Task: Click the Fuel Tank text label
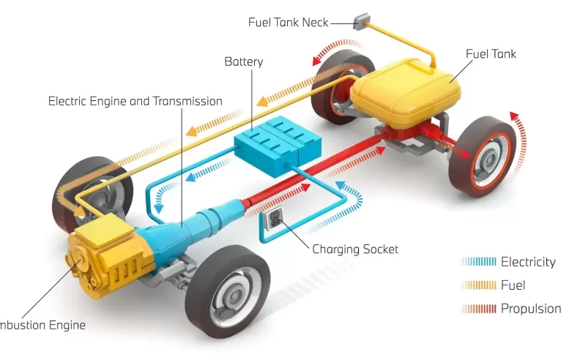tap(491, 53)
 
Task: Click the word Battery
tap(243, 62)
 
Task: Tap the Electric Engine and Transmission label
tap(135, 101)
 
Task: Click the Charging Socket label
tap(355, 250)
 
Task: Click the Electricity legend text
tap(527, 262)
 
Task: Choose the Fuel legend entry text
tap(513, 285)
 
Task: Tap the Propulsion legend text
tap(530, 308)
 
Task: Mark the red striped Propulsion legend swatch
tap(479, 308)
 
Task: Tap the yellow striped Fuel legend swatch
tap(479, 285)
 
